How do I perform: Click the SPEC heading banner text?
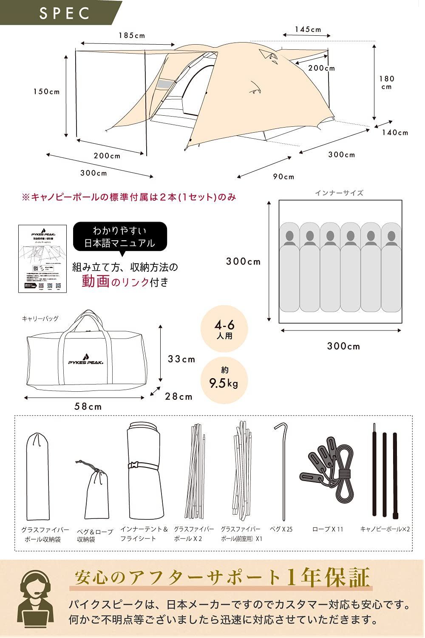65,13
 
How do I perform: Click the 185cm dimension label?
132,36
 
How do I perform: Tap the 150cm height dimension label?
47,91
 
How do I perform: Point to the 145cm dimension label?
308,29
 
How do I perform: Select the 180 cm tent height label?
387,83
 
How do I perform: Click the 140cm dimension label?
395,133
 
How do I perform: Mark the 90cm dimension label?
283,177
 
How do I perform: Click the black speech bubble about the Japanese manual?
120,237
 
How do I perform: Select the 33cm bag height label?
181,359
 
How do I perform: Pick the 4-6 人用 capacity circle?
224,330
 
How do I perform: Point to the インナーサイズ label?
339,193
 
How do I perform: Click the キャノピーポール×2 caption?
385,529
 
